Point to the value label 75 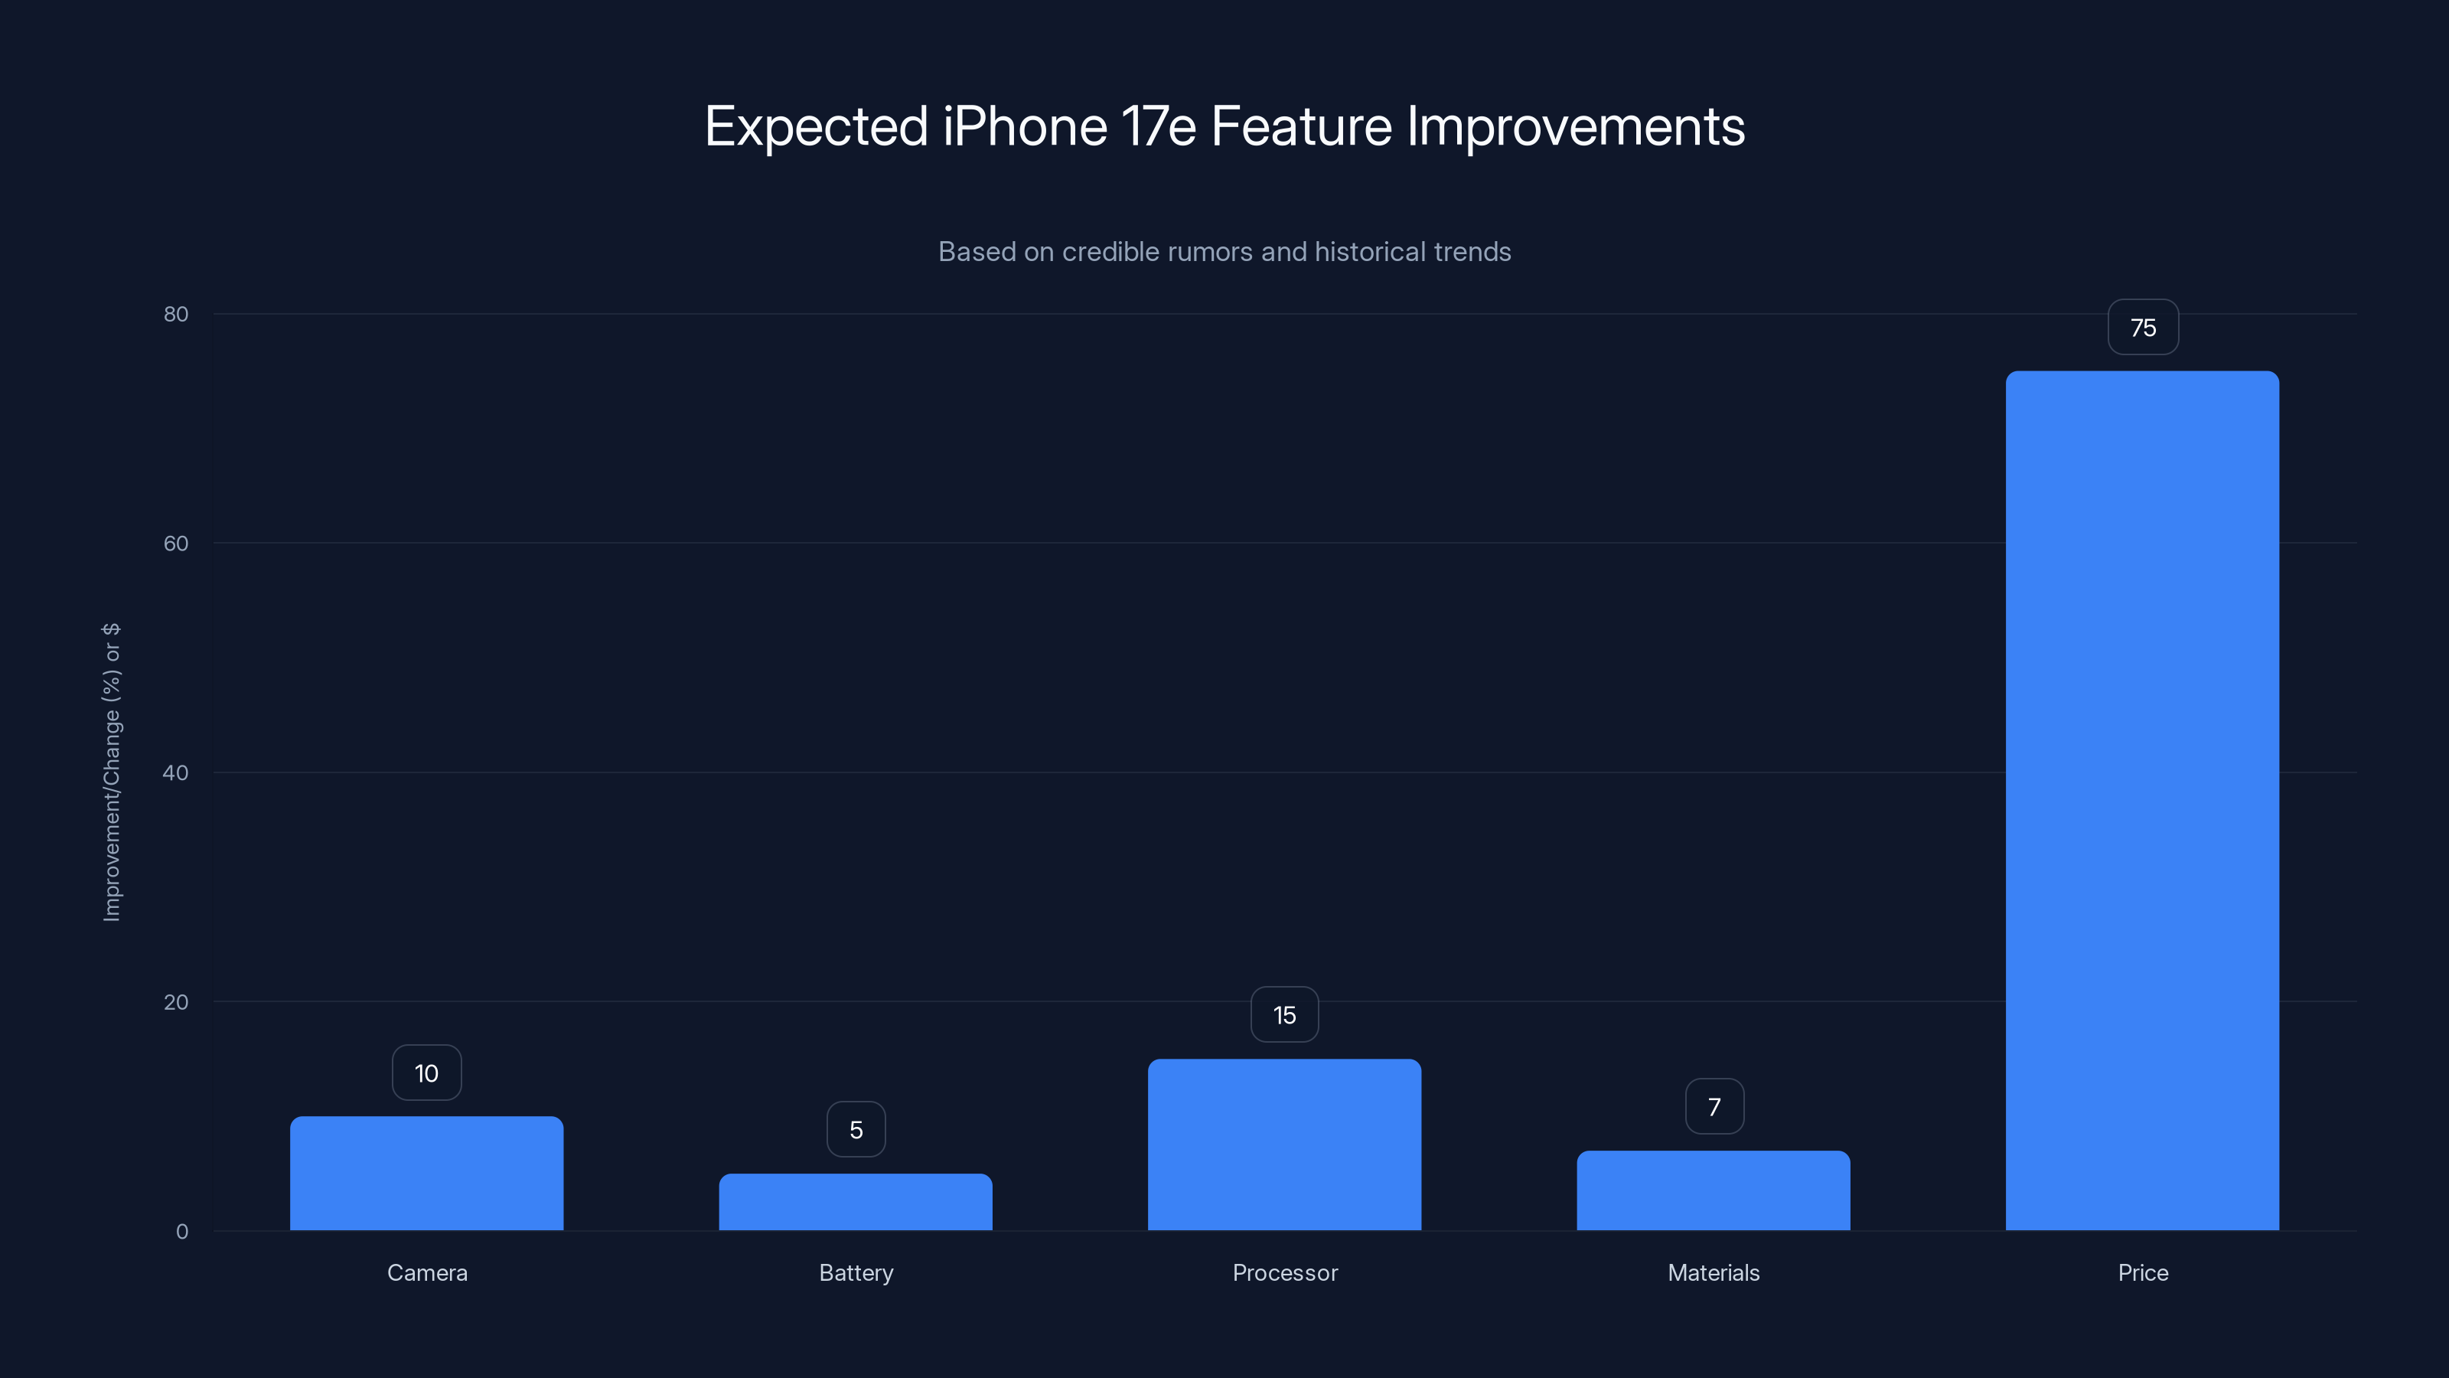[x=2143, y=328]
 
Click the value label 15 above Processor [x=1284, y=1014]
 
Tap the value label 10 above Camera [x=426, y=1073]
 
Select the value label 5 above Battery [x=856, y=1130]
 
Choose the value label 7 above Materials [x=1714, y=1107]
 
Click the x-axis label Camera [x=427, y=1272]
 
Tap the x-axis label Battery [x=856, y=1272]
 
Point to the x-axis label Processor [x=1284, y=1272]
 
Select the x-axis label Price [x=2143, y=1272]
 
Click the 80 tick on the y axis [x=176, y=314]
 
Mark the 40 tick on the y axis [x=176, y=772]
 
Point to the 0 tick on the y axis [x=181, y=1232]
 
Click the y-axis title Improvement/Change [x=111, y=772]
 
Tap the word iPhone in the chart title [x=1024, y=126]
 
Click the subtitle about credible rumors [x=1224, y=251]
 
